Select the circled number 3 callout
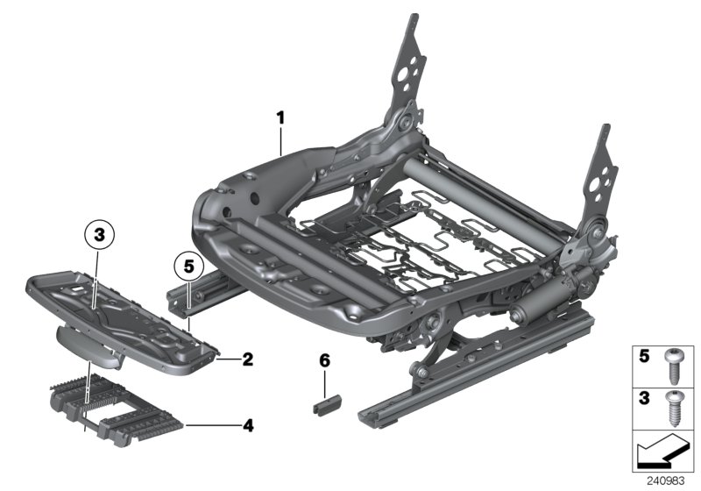(99, 234)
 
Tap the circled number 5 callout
(188, 263)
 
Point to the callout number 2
(247, 359)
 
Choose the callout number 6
(323, 360)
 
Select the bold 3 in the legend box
(646, 400)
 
